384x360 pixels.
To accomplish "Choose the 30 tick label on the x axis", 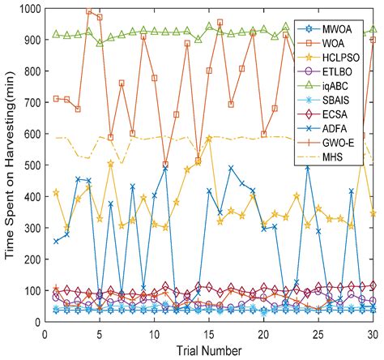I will click(x=373, y=332).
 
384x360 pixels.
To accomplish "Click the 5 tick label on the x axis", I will click(x=100, y=332).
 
